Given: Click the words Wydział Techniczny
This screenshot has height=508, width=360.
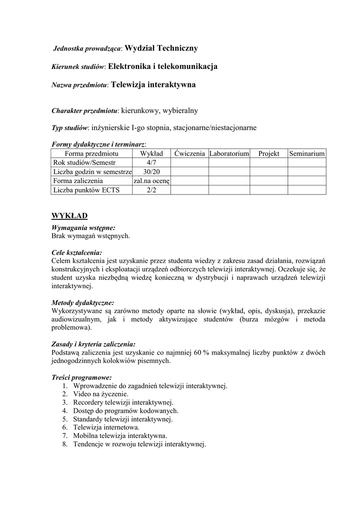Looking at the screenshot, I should click(x=161, y=48).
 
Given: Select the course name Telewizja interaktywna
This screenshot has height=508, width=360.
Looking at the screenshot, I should click(x=153, y=84).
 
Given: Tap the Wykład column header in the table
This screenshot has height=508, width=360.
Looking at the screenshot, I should click(x=151, y=154).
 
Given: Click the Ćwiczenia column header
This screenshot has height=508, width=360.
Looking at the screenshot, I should click(x=189, y=154).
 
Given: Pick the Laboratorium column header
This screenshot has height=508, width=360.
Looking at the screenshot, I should click(x=229, y=154).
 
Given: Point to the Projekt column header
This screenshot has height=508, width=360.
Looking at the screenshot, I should click(x=269, y=154).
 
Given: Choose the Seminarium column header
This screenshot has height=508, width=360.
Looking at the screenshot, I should click(x=307, y=154).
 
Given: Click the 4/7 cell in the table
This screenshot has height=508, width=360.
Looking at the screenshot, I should click(x=151, y=163).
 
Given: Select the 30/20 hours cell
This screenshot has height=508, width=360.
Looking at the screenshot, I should click(x=151, y=172).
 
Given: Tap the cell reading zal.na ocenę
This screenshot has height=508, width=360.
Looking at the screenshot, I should click(x=151, y=181).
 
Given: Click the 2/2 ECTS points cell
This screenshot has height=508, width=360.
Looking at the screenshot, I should click(x=151, y=190).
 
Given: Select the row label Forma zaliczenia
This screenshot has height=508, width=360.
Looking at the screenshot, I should click(x=78, y=181).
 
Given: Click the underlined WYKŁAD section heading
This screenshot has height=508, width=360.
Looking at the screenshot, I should click(x=70, y=215).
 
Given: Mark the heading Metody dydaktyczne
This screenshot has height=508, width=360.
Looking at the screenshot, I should click(x=82, y=302).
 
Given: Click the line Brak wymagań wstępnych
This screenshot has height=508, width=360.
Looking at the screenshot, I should click(x=91, y=236).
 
